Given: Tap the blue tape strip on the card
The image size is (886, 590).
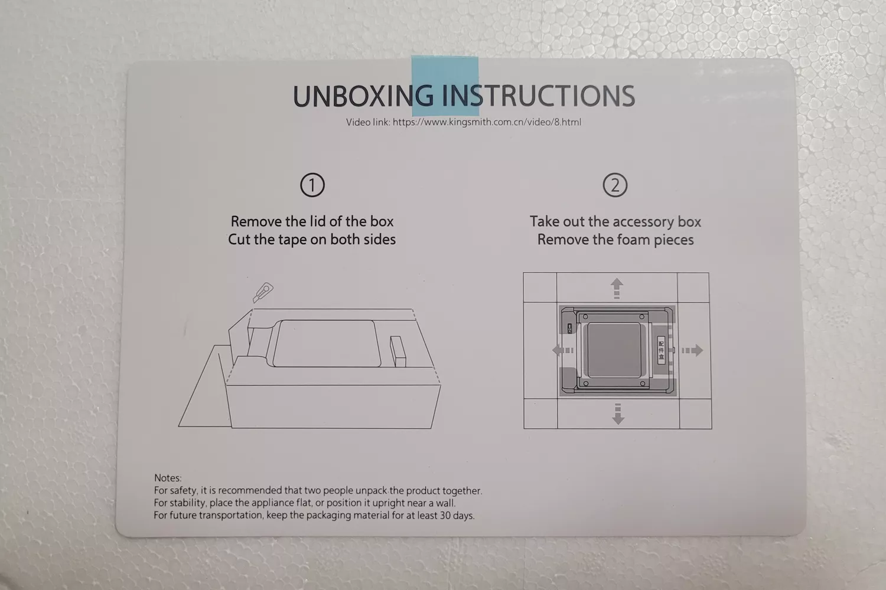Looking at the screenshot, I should coord(445,86).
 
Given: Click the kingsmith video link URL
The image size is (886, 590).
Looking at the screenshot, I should coord(487,123).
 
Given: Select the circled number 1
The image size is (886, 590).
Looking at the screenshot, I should coord(312,185).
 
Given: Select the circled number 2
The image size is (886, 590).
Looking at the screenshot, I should coord(615,185).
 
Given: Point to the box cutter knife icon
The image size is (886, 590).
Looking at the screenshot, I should coord(263,292).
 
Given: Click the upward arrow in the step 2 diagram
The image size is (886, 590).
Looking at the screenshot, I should coord(617,289).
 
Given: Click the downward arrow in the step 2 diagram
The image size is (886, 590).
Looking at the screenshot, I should coord(618,414).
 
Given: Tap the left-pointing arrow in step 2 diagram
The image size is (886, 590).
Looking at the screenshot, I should coord(562,350).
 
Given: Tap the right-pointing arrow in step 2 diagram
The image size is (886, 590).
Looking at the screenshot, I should coord(692,350).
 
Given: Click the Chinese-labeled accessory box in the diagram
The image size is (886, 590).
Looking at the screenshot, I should coord(661,350).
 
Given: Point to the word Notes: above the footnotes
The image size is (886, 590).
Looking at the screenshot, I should coord(168,478).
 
